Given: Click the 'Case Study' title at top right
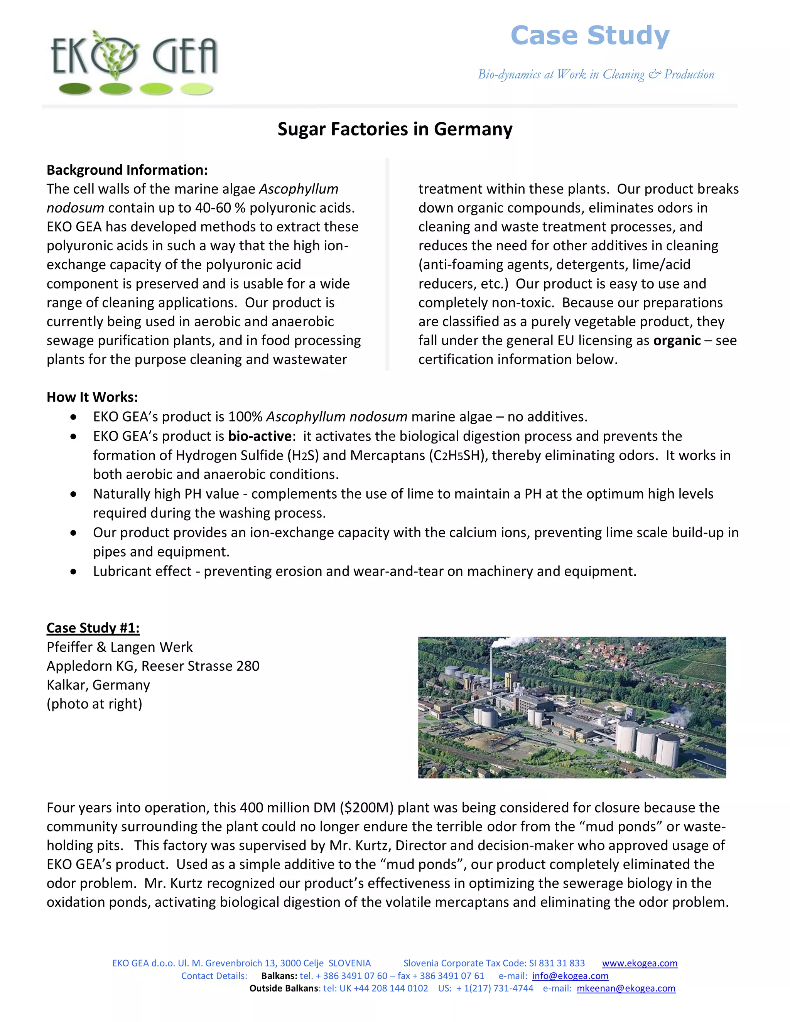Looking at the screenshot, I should [x=590, y=36].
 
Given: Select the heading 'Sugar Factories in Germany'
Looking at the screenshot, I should [x=395, y=129].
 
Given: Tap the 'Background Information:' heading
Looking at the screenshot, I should [x=127, y=170].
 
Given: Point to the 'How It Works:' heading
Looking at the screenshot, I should [x=92, y=397].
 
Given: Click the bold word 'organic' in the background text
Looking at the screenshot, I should [x=677, y=341].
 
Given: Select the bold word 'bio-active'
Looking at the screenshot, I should [x=260, y=436].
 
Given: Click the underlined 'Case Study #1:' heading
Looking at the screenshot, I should [x=93, y=628].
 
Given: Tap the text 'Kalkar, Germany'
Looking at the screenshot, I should [x=98, y=685].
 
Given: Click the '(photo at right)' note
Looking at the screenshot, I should [x=94, y=704].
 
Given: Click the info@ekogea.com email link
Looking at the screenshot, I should [x=570, y=976].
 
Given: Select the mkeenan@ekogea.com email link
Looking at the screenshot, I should [x=626, y=988].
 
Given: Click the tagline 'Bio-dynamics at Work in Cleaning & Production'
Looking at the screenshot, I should [x=596, y=74].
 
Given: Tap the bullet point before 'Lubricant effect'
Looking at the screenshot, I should [x=73, y=572].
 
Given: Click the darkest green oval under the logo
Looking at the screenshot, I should [x=75, y=88].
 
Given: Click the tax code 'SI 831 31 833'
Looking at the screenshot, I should [x=557, y=963].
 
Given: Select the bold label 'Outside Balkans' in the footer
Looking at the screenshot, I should [x=284, y=988].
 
